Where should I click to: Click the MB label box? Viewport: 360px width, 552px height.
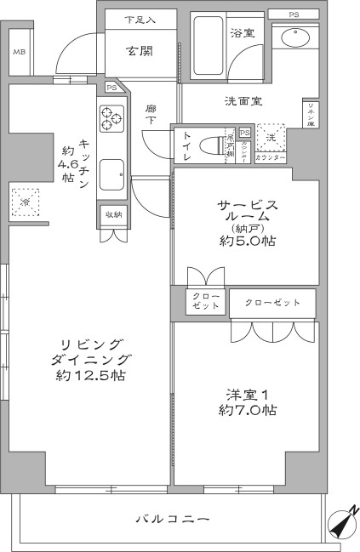18,52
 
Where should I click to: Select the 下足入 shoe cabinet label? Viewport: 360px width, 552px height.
140,19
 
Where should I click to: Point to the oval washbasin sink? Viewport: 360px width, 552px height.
295,39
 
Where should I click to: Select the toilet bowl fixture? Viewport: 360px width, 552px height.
202,145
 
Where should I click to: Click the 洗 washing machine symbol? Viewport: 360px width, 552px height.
270,137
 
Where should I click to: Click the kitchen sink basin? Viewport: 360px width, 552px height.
111,176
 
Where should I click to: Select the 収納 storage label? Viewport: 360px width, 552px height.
112,213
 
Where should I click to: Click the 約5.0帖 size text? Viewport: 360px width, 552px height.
246,241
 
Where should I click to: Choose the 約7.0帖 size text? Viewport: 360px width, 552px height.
247,410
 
